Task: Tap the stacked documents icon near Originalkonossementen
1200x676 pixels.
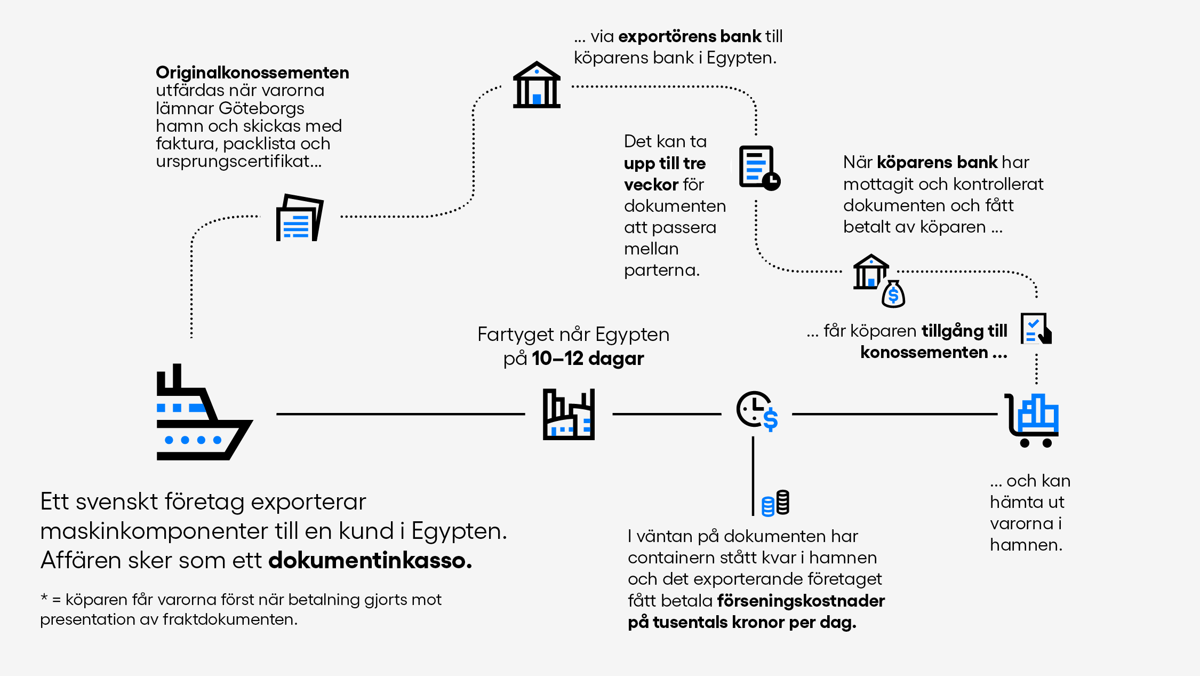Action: (299, 218)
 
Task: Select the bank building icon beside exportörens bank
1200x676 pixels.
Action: (537, 85)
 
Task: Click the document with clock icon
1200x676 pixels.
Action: (759, 168)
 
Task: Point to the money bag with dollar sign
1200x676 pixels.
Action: (893, 295)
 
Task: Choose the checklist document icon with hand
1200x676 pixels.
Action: (1036, 329)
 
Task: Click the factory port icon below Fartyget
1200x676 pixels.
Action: (569, 415)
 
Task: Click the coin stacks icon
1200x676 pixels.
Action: (776, 503)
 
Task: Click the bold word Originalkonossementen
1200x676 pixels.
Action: (252, 73)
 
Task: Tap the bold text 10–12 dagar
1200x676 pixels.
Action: (588, 359)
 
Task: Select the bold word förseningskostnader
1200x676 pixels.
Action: (801, 601)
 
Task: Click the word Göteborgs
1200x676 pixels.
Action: (261, 108)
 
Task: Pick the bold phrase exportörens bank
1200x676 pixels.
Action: (690, 36)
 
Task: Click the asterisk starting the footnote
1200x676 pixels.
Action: (44, 598)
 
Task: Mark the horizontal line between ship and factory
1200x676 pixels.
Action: (400, 414)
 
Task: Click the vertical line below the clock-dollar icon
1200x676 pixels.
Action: (753, 475)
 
